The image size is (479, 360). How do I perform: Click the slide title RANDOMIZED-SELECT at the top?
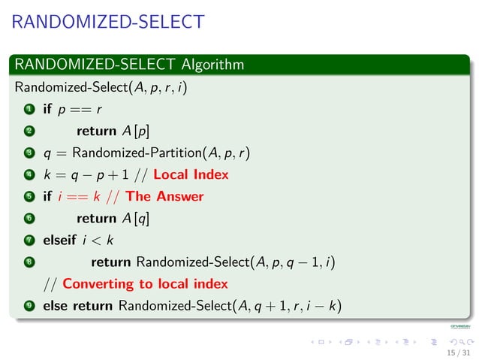[108, 22]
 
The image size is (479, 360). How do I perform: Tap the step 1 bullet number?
[28, 110]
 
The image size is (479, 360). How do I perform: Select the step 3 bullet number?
[28, 154]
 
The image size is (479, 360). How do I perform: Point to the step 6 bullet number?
[28, 219]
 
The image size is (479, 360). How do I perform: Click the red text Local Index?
[191, 175]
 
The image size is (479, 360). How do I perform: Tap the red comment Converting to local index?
[145, 284]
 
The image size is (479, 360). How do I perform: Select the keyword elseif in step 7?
[59, 241]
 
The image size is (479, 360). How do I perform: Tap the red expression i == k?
[80, 197]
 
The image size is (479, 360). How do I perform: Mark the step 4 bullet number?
[28, 175]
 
